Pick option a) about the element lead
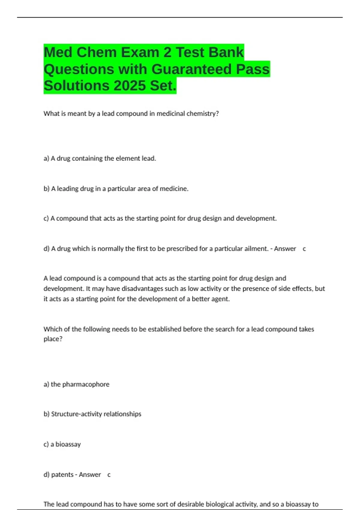coord(100,158)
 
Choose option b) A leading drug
coord(116,189)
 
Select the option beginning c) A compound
coord(160,218)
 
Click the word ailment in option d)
coord(254,249)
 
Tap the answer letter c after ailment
coord(304,249)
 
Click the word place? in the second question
coord(53,339)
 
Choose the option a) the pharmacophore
coord(76,384)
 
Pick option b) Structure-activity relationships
coord(92,414)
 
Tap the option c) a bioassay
coord(62,444)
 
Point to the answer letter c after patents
coord(109,475)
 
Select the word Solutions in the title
coord(76,86)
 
